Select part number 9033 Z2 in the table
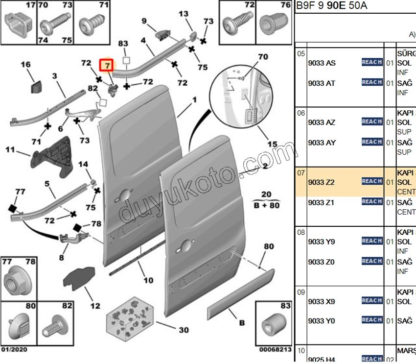pyautogui.click(x=321, y=182)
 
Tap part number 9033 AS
pyautogui.click(x=322, y=63)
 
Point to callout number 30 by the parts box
pyautogui.click(x=183, y=330)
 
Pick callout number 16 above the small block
pyautogui.click(x=25, y=65)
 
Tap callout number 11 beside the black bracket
pyautogui.click(x=10, y=148)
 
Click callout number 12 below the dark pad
pyautogui.click(x=95, y=306)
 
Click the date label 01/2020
pyautogui.click(x=14, y=350)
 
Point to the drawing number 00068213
pyautogui.click(x=275, y=350)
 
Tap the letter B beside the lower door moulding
pyautogui.click(x=242, y=323)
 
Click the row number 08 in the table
pyautogui.click(x=301, y=232)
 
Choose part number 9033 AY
pyautogui.click(x=322, y=143)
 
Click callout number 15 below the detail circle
pyautogui.click(x=273, y=145)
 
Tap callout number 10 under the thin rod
pyautogui.click(x=148, y=281)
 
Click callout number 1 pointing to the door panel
pyautogui.click(x=194, y=100)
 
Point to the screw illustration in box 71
pyautogui.click(x=92, y=23)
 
